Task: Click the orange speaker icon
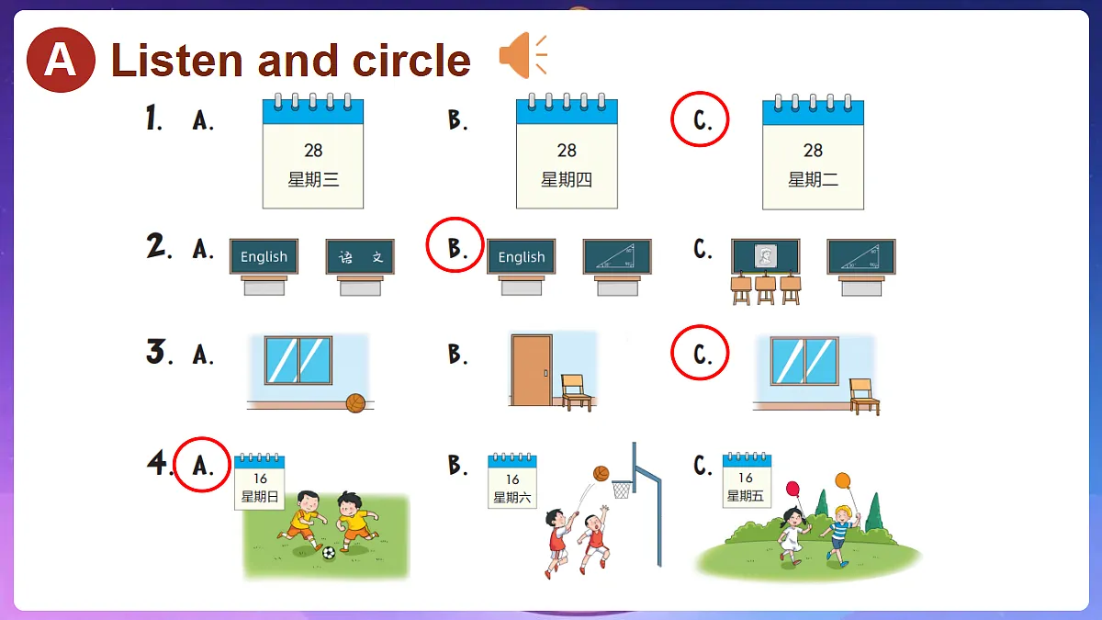(x=523, y=55)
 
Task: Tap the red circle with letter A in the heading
(x=61, y=60)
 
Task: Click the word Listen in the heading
(x=177, y=60)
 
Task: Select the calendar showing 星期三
(x=313, y=151)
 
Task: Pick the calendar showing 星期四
(x=567, y=151)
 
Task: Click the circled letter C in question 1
(x=700, y=119)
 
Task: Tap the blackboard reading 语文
(x=360, y=256)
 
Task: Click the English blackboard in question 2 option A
(x=264, y=256)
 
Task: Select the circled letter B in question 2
(x=455, y=245)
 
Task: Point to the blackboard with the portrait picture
(x=766, y=256)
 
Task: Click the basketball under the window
(x=355, y=403)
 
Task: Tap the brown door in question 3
(x=532, y=370)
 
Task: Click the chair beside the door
(x=576, y=392)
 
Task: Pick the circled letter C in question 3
(x=700, y=353)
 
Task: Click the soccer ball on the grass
(x=329, y=553)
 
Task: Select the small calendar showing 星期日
(x=259, y=481)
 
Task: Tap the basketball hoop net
(x=622, y=490)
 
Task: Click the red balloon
(x=793, y=489)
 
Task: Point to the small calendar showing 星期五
(x=747, y=479)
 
